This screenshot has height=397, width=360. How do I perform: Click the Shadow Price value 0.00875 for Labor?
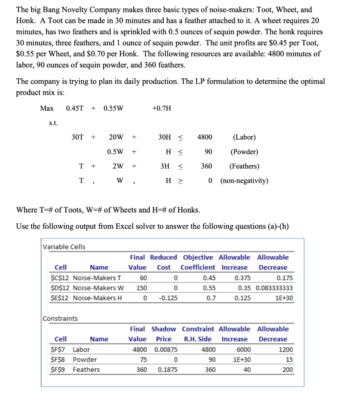pos(166,349)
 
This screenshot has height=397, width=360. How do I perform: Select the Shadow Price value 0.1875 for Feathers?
pos(168,369)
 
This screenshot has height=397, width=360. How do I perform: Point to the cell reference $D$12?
pos(60,288)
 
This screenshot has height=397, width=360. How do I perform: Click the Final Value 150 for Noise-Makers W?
pos(141,288)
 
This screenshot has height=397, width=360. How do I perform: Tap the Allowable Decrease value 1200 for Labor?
pos(286,349)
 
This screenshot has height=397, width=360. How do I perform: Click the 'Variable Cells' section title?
pos(64,247)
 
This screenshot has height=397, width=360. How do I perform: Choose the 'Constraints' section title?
pos(60,318)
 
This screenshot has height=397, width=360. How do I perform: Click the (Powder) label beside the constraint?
pos(244,152)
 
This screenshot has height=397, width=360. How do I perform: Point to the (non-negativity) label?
pos(244,181)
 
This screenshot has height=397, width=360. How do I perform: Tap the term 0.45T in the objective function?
pos(74,108)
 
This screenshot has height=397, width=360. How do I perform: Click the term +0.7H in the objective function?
pos(162,108)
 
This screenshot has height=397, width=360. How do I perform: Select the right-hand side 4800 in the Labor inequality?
pos(204,137)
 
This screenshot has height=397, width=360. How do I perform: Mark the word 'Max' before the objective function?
pos(47,108)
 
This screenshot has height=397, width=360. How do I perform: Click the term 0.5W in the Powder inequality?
pos(115,152)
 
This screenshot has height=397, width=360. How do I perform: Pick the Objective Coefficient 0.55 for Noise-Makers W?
pos(209,288)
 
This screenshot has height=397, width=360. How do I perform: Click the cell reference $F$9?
pos(59,369)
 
